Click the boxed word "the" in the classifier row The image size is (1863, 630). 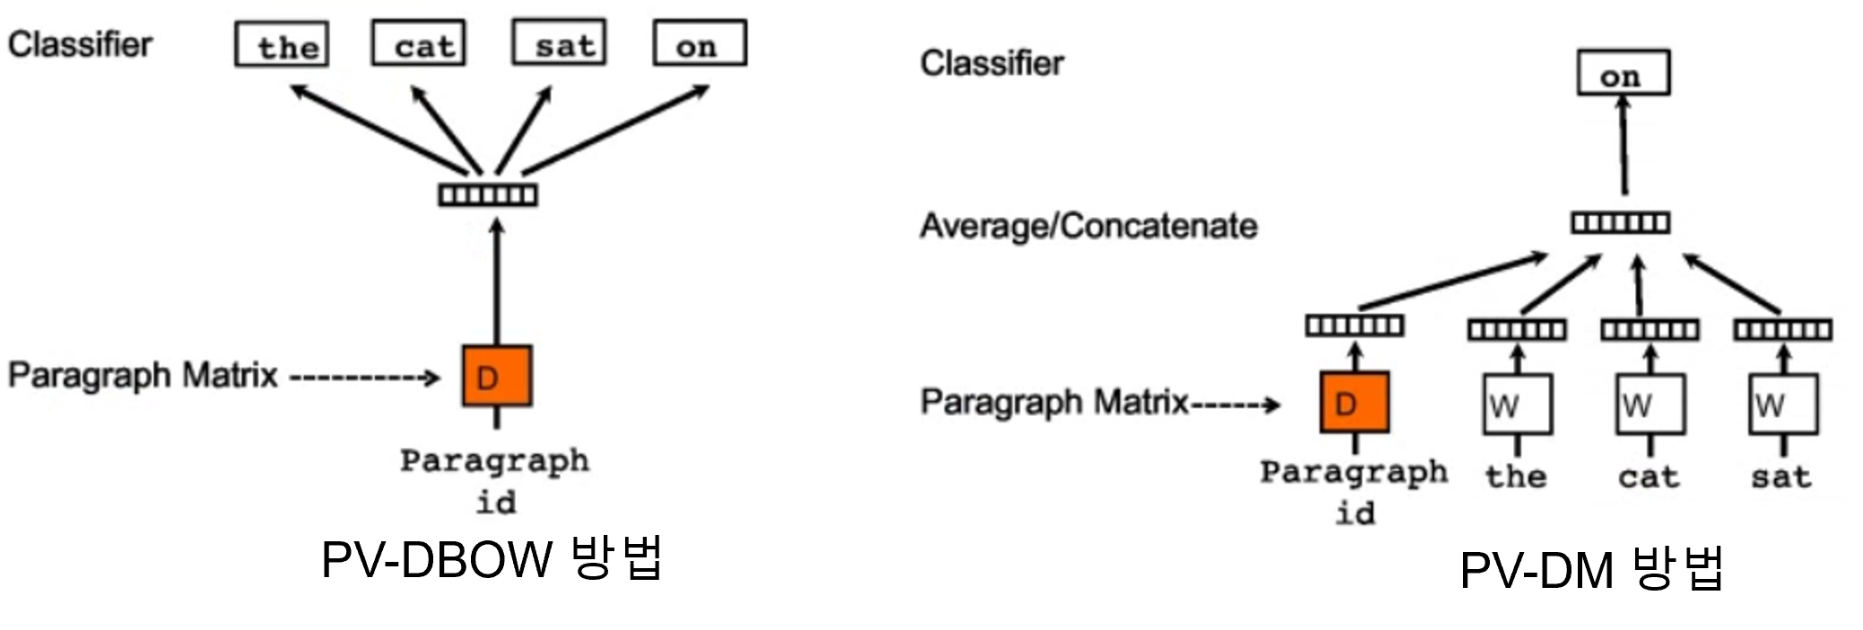282,45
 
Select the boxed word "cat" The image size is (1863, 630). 419,44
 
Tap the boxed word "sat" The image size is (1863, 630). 559,43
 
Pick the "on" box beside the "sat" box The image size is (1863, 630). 700,44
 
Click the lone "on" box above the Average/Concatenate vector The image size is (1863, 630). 1624,73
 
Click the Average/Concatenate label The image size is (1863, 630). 1088,226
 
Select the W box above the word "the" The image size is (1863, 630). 1517,405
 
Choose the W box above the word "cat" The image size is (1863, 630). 1650,405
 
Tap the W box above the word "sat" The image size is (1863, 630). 1783,405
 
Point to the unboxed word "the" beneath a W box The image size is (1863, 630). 1516,475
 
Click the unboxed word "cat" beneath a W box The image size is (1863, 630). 1649,476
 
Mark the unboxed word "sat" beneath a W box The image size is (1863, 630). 1781,476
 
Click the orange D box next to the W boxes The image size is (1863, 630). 1354,403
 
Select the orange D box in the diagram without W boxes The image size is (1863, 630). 497,376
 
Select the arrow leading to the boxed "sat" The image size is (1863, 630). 524,129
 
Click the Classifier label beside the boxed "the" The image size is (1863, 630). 81,45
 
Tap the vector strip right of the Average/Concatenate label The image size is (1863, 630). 1620,222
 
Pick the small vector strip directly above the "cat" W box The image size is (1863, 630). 1650,331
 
